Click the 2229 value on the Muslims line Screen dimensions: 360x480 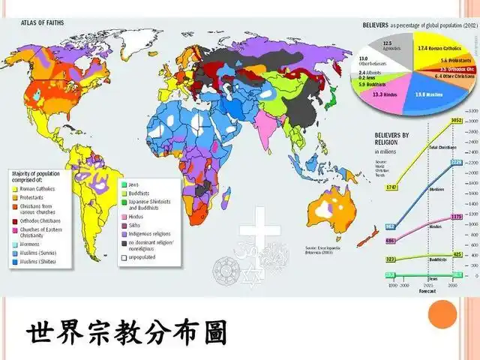434,162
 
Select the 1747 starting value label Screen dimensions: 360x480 370,186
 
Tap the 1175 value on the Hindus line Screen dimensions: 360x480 435,217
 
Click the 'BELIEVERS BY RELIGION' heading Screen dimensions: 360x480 392,139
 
